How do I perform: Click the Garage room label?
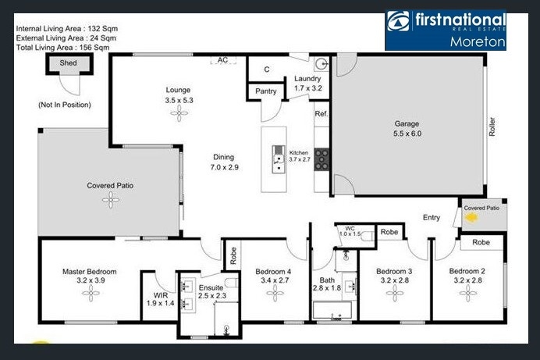[x=407, y=123]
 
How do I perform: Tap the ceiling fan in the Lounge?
[x=179, y=113]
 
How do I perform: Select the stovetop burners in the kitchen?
[x=322, y=159]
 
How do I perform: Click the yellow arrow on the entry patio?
[x=471, y=218]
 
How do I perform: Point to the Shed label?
[x=68, y=62]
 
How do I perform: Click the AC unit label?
[x=223, y=60]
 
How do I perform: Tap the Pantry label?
[x=266, y=91]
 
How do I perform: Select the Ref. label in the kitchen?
[x=322, y=114]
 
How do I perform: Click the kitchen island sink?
[x=279, y=159]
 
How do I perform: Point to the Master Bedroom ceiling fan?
[x=91, y=293]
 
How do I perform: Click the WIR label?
[x=161, y=295]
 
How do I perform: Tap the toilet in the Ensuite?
[x=232, y=283]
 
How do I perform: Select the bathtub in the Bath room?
[x=332, y=310]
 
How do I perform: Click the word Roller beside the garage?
[x=492, y=127]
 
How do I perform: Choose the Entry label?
[x=432, y=217]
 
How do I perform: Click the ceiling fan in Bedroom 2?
[x=468, y=293]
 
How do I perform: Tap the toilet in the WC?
[x=368, y=236]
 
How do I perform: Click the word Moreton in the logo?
[x=478, y=41]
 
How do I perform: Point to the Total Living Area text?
[x=62, y=48]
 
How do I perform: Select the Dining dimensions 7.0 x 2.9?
[x=225, y=167]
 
